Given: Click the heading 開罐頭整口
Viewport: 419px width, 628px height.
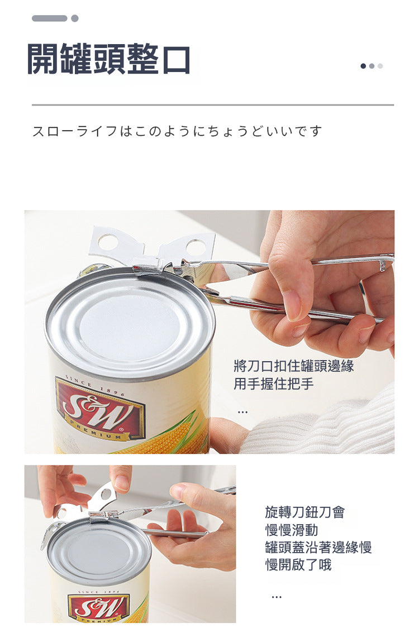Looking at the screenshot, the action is [x=108, y=59].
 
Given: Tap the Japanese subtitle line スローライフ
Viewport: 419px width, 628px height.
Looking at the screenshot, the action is [x=177, y=131].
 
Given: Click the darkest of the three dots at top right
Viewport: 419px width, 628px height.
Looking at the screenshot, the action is [x=363, y=66].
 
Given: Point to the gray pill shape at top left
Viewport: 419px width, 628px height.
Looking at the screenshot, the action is [x=49, y=18].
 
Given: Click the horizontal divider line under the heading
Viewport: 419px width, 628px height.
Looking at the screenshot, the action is [x=213, y=105].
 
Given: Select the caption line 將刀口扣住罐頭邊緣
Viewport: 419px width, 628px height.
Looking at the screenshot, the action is [x=293, y=366].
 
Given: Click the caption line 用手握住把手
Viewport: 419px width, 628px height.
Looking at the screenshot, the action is [x=273, y=383].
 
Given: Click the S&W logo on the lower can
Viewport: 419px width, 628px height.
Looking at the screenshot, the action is [x=99, y=606].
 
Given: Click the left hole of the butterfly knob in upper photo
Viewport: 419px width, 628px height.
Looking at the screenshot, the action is [x=108, y=242].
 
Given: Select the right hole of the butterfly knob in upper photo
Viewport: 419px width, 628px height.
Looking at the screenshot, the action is [x=196, y=247].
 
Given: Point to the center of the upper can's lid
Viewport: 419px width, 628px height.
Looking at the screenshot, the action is [x=129, y=324].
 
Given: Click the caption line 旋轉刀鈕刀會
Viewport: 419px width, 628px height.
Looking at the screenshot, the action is [x=304, y=512].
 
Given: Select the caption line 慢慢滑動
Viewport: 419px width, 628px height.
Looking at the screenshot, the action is [x=292, y=530].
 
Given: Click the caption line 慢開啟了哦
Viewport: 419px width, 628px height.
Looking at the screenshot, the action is [x=298, y=565].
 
